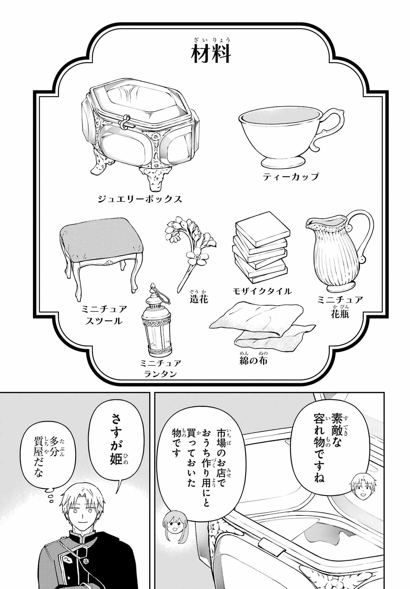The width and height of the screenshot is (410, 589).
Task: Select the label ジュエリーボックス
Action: click(x=140, y=199)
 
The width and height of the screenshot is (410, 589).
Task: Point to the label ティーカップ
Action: click(x=290, y=177)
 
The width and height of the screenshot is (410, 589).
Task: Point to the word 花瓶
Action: click(x=340, y=314)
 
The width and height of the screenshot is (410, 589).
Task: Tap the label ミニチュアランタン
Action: click(x=160, y=368)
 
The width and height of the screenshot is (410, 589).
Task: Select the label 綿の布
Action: click(x=253, y=360)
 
